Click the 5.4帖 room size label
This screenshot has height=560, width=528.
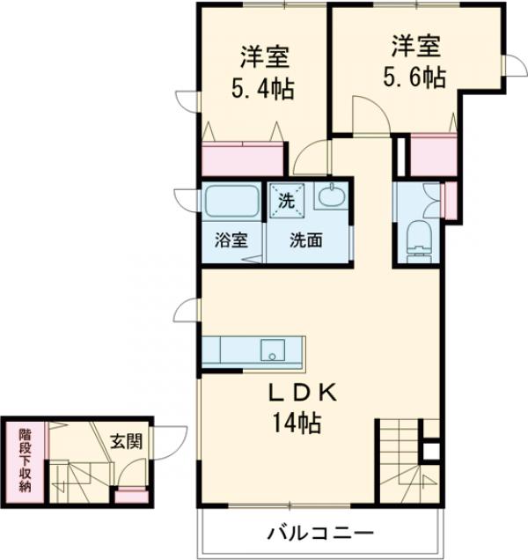[x=262, y=89]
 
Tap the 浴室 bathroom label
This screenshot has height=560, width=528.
[x=231, y=240]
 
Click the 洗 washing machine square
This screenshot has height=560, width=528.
[x=284, y=199]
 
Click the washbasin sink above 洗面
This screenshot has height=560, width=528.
[x=331, y=199]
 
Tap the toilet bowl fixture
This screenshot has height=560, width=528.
[x=420, y=235]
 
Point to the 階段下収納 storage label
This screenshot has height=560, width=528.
[x=26, y=459]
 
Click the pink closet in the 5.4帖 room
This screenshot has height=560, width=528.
[x=243, y=159]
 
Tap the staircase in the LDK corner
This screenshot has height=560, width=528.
[x=401, y=467]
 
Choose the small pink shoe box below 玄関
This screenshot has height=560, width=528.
[x=130, y=495]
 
